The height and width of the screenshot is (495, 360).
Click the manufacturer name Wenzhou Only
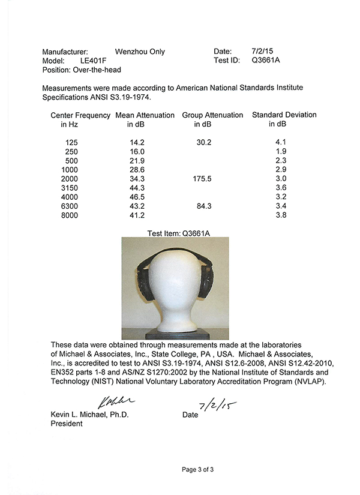[139, 52]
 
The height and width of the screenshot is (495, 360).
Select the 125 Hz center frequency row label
[70, 143]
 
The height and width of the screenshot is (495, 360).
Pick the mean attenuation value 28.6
[137, 170]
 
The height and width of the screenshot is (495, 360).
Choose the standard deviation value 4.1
[280, 143]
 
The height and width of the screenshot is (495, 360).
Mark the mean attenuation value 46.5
[137, 197]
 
